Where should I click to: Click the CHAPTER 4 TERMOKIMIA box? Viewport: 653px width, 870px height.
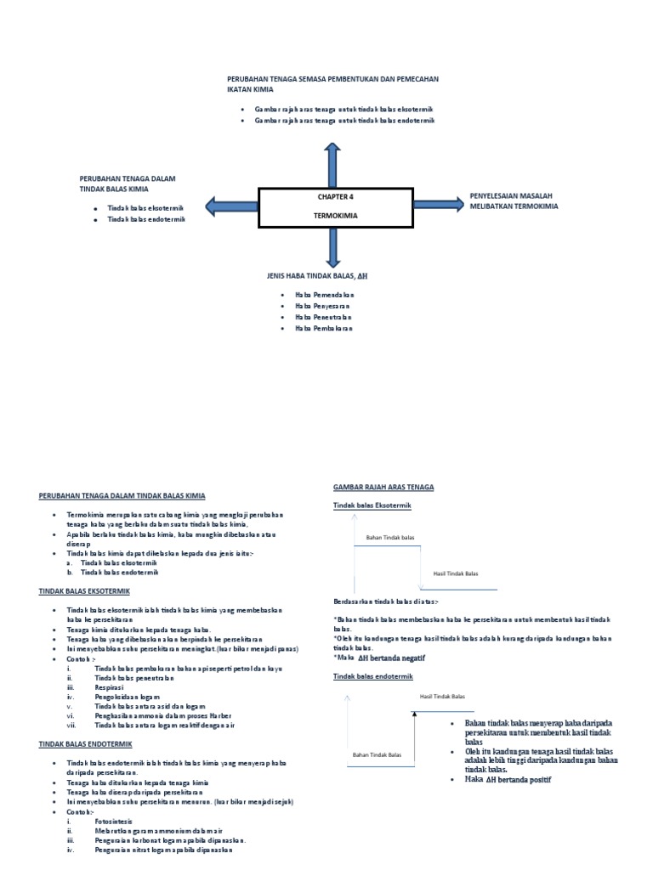coord(336,206)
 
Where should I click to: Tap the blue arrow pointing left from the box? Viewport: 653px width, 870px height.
coord(231,205)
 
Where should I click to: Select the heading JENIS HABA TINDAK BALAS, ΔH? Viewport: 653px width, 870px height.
coord(317,277)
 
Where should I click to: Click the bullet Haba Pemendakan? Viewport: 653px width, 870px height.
coord(324,294)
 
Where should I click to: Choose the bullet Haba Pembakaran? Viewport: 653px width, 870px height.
coord(324,328)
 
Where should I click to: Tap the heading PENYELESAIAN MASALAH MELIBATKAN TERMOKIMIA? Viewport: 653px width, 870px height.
coord(516,201)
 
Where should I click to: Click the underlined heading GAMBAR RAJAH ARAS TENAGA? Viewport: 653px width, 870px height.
coord(383,487)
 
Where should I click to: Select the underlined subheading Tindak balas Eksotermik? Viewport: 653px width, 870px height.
coord(371,506)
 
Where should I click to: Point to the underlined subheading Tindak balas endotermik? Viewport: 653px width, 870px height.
coord(372,675)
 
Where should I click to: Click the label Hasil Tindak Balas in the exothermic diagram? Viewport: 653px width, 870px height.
coord(455,573)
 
